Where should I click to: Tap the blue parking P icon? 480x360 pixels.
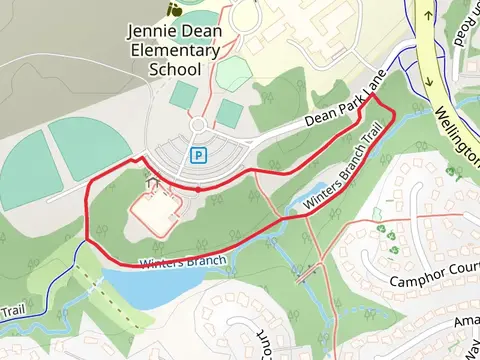(198, 155)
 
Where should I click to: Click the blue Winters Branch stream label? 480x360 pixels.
(184, 263)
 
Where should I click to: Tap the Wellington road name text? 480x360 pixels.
(461, 130)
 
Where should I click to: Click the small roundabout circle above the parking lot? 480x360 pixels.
(198, 125)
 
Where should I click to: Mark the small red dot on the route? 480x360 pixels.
(198, 188)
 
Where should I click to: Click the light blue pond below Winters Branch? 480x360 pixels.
(150, 285)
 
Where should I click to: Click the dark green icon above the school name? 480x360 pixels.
(176, 9)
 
